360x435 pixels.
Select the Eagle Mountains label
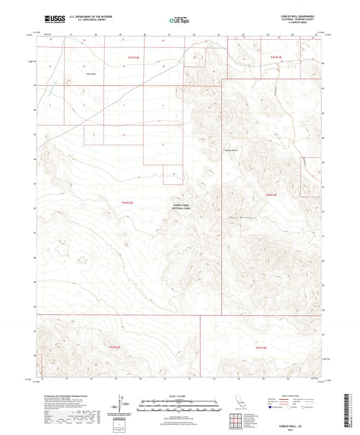coord(242,216)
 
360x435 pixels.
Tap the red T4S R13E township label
coord(272,195)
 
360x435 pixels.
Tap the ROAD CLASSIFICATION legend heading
coord(292,394)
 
